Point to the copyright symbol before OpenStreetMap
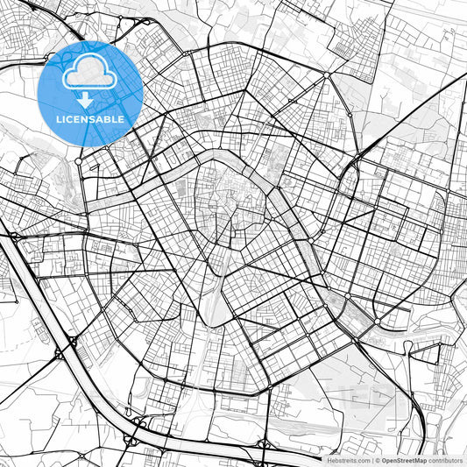(378, 459)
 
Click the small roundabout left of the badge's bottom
(79, 160)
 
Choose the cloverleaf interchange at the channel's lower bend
(136, 429)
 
